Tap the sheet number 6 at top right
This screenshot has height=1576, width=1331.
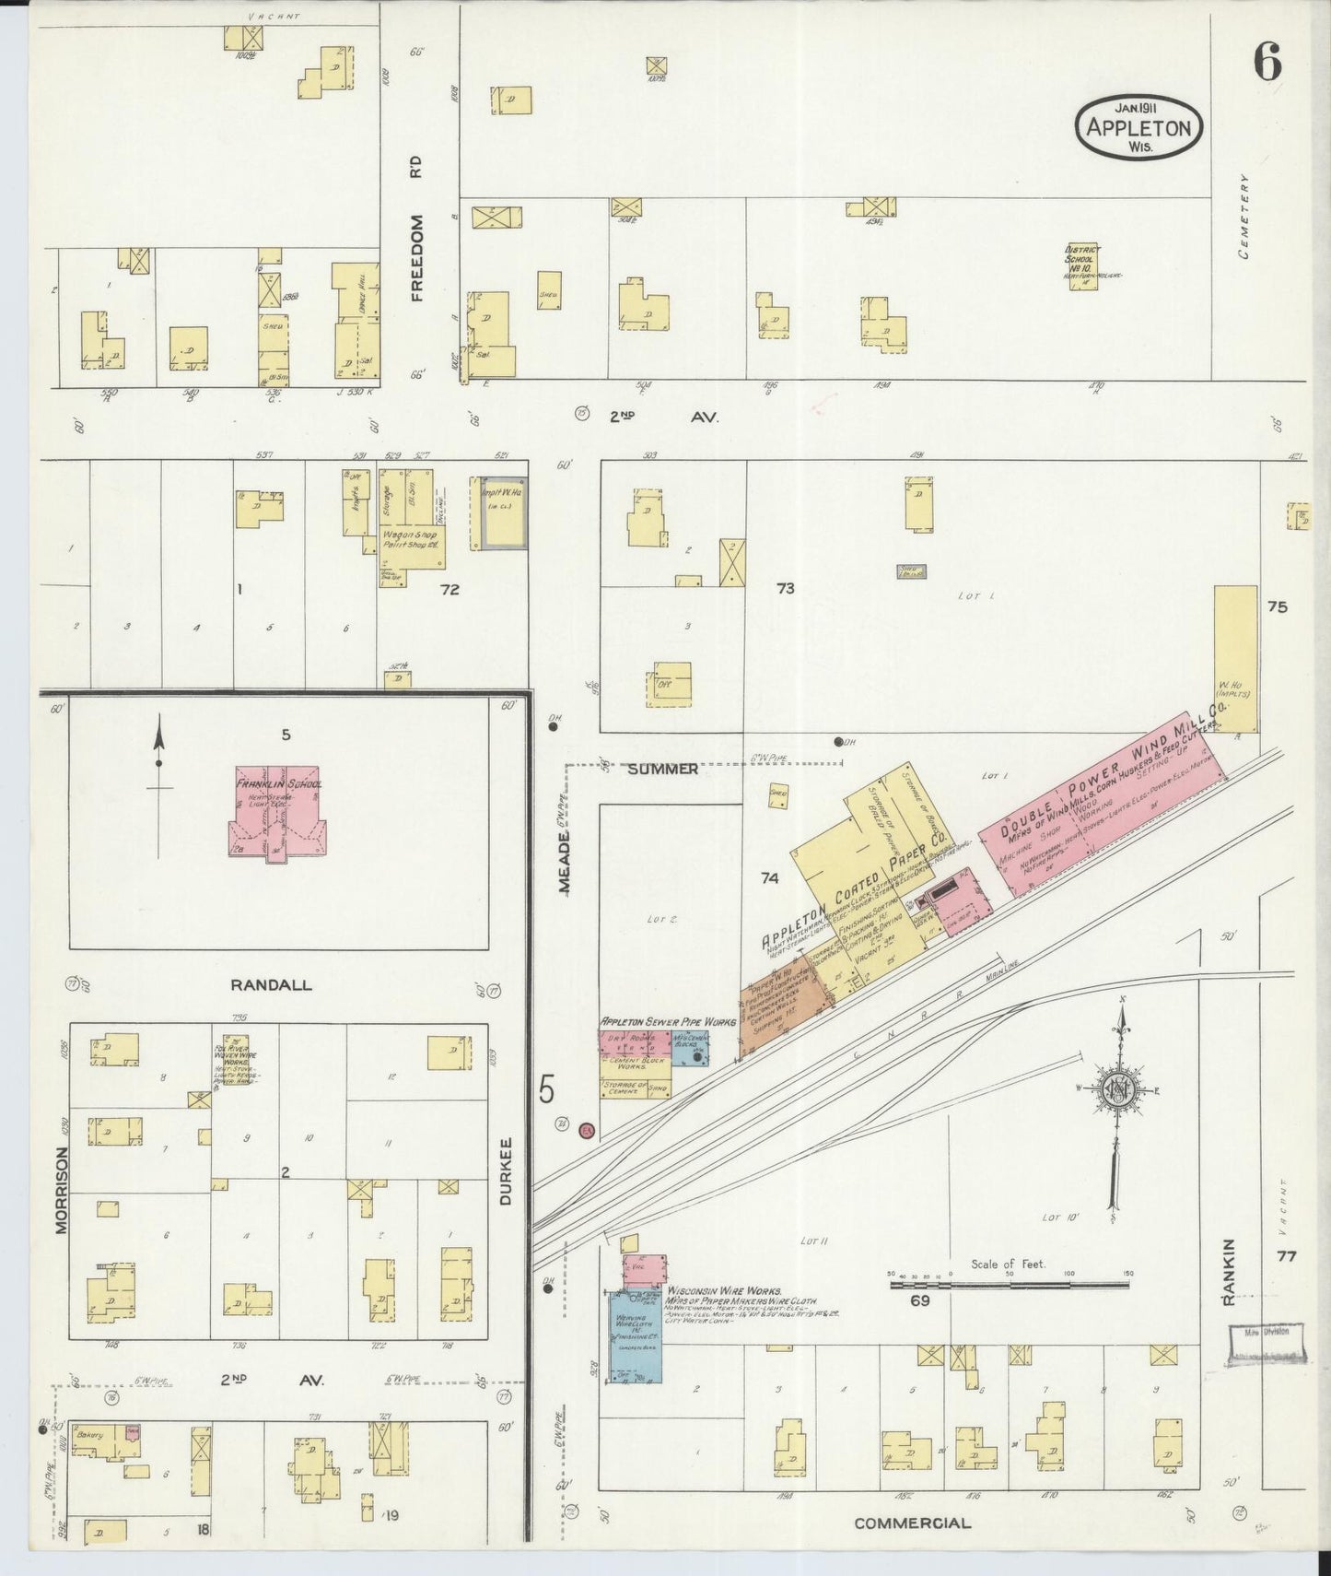click(1267, 64)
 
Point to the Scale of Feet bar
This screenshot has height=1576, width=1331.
click(1009, 1283)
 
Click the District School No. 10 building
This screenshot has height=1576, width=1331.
click(1082, 268)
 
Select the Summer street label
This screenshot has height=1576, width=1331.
click(664, 769)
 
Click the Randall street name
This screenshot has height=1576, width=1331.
click(271, 984)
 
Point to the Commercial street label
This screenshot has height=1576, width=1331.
click(912, 1523)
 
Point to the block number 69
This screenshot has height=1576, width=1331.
click(919, 1300)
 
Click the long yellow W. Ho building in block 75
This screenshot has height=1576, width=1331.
click(1235, 657)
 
